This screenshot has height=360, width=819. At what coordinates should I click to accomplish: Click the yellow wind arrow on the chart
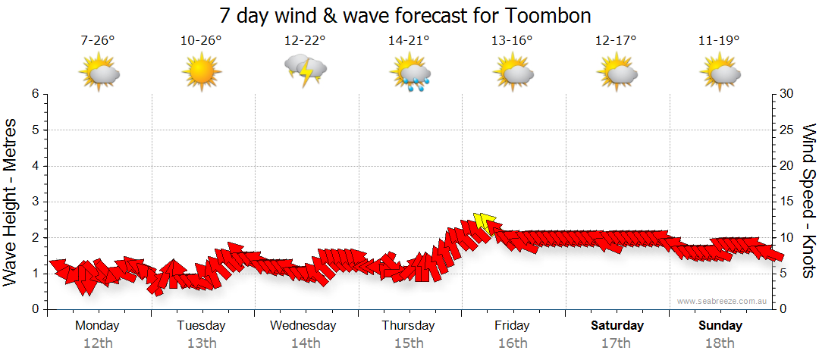coord(484,223)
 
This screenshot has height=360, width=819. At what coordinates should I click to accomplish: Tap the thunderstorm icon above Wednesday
coord(306,72)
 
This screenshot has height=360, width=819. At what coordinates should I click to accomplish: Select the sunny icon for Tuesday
coord(202,73)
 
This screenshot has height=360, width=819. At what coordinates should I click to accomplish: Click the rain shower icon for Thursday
coord(409,74)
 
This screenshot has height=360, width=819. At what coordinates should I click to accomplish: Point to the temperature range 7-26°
coord(98,40)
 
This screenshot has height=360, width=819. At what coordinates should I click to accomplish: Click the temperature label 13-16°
coord(513,40)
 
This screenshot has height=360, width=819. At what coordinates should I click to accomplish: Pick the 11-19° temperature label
coord(719,40)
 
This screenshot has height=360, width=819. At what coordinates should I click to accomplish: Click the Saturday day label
coord(617,326)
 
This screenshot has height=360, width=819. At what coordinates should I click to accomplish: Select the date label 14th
coord(306,343)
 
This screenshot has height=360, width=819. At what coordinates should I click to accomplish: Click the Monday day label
coord(98,326)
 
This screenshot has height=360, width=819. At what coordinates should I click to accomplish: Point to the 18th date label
coord(720,343)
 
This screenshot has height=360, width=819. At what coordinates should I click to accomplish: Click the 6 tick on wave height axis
coord(35,94)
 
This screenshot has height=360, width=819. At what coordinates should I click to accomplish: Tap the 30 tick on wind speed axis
coord(787,94)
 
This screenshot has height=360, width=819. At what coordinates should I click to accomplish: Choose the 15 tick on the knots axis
coord(787,202)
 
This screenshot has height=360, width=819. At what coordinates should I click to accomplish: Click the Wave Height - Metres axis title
coord(11,202)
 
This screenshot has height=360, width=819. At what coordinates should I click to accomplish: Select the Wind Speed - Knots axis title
coord(808,202)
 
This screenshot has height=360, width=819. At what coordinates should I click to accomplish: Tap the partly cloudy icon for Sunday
coord(720,74)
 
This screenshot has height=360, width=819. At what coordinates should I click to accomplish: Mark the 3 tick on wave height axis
coord(35,202)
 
